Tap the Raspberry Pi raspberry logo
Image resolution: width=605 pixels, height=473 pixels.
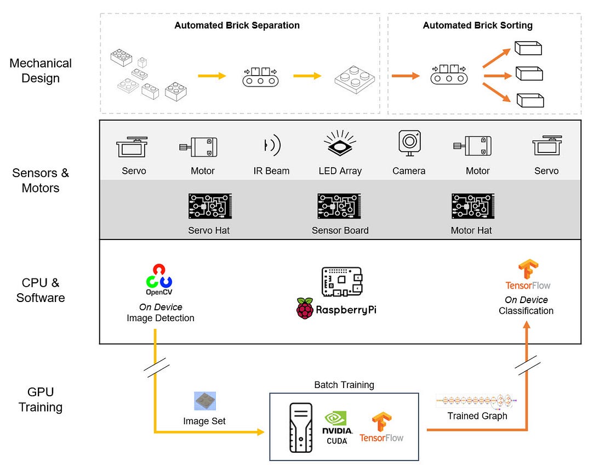tap(304, 309)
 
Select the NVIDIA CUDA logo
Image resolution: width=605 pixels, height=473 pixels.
tap(338, 428)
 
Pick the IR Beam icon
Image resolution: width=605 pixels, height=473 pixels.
tap(271, 145)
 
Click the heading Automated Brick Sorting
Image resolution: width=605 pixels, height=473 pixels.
tap(477, 25)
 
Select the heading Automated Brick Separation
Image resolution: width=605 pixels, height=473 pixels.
tap(237, 25)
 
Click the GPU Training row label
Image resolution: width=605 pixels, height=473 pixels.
tap(41, 400)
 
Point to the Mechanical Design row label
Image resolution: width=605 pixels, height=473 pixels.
tap(41, 71)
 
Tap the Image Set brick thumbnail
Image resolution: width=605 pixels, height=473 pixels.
tap(205, 401)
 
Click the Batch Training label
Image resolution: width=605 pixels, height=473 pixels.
tap(344, 385)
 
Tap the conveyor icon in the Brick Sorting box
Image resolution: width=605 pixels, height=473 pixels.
tap(448, 76)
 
